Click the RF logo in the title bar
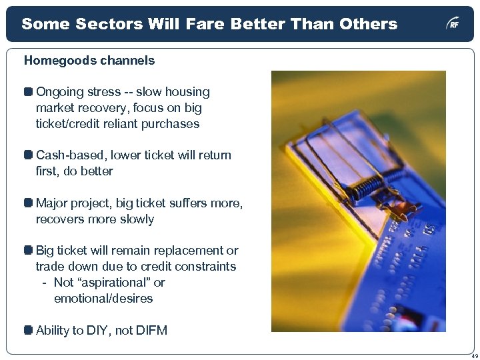453,25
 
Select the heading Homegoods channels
89,61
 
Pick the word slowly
135,219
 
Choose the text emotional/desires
103,299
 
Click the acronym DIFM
149,330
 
